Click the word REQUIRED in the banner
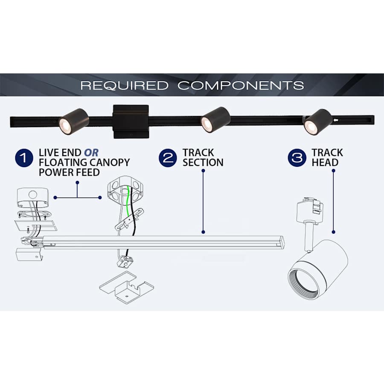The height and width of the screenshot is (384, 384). coord(125,85)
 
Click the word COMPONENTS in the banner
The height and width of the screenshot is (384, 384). coord(241,85)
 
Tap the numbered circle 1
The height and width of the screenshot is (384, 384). coord(25,158)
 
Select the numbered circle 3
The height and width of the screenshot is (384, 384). coord(297,158)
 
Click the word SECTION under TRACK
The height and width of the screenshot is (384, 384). coord(203,163)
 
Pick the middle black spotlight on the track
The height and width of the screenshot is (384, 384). coord(215,119)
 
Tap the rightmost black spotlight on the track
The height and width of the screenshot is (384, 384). coord(317,121)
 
